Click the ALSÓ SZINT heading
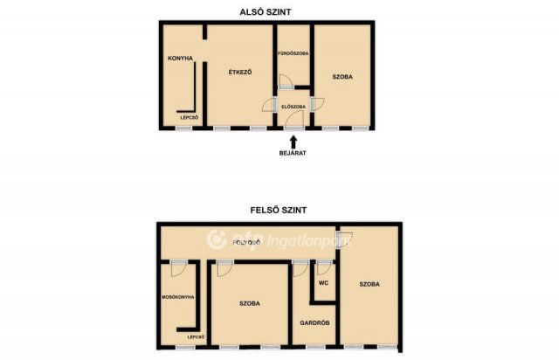click(266, 12)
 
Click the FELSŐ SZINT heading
click(279, 211)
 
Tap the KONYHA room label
click(181, 59)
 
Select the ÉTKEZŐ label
click(240, 72)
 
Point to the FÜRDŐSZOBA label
click(293, 53)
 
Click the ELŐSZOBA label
click(293, 107)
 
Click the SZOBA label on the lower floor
click(342, 77)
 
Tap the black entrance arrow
click(293, 142)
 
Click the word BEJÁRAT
click(293, 153)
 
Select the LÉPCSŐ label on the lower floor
click(190, 117)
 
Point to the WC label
click(323, 283)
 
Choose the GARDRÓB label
click(314, 323)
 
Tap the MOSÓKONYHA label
click(178, 297)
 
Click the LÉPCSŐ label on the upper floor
click(196, 336)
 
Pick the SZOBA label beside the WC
click(369, 284)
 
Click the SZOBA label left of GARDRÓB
click(250, 303)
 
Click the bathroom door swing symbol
click(286, 82)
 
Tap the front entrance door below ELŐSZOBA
click(294, 119)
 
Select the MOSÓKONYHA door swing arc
click(179, 268)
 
